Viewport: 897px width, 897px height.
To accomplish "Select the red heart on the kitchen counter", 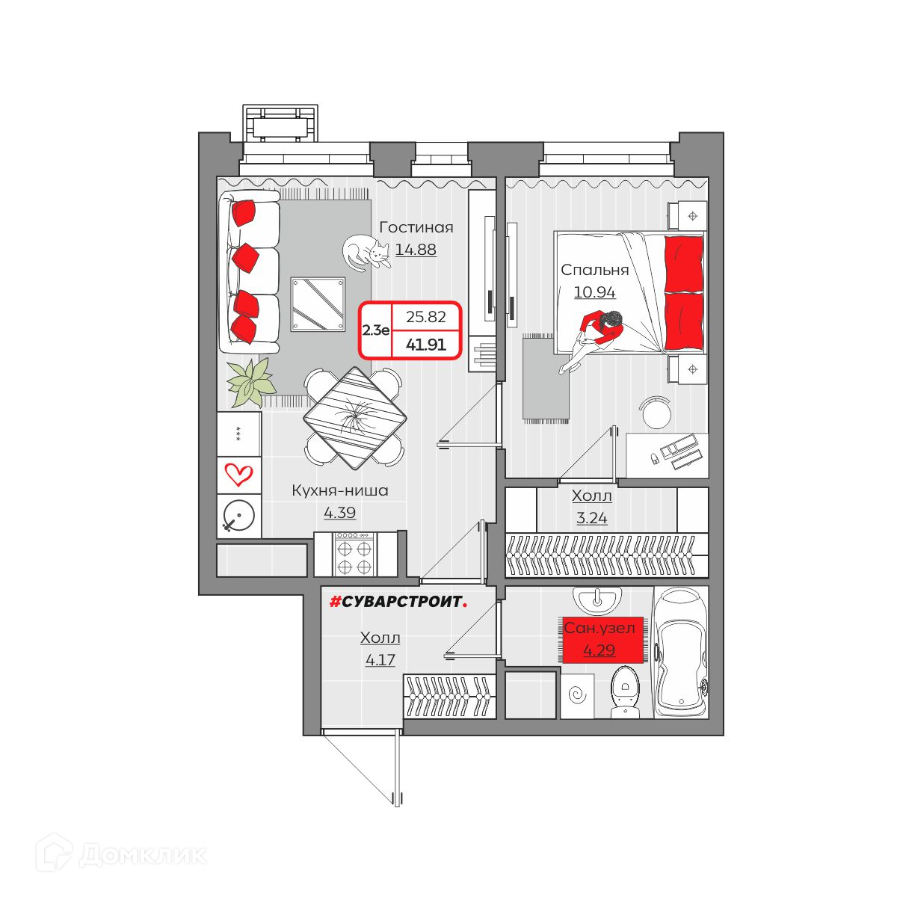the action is pyautogui.click(x=238, y=474).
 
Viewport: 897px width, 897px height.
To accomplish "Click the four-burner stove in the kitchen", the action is pyautogui.click(x=354, y=554).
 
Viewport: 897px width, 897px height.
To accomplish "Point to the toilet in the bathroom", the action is pyautogui.click(x=625, y=693).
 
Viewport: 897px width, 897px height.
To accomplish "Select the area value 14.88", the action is pyautogui.click(x=416, y=250).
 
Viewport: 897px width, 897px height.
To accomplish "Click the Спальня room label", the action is pyautogui.click(x=594, y=271).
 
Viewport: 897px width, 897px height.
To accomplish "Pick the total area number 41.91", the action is pyautogui.click(x=425, y=345).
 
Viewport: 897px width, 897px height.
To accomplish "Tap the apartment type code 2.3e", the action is pyautogui.click(x=376, y=330).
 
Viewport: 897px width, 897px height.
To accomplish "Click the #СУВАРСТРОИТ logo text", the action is pyautogui.click(x=398, y=602).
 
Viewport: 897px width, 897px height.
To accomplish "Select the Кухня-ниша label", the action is pyautogui.click(x=340, y=490).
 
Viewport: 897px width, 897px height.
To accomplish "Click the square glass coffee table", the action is pyautogui.click(x=318, y=304).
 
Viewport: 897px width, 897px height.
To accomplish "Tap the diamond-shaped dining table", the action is pyautogui.click(x=355, y=418).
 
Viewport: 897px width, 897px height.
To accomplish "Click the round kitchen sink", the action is pyautogui.click(x=239, y=516).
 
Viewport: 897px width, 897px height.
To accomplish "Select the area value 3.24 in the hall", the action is pyautogui.click(x=591, y=518).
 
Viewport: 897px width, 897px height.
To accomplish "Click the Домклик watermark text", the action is pyautogui.click(x=143, y=854).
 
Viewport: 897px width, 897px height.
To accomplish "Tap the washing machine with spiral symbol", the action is pyautogui.click(x=578, y=695).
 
